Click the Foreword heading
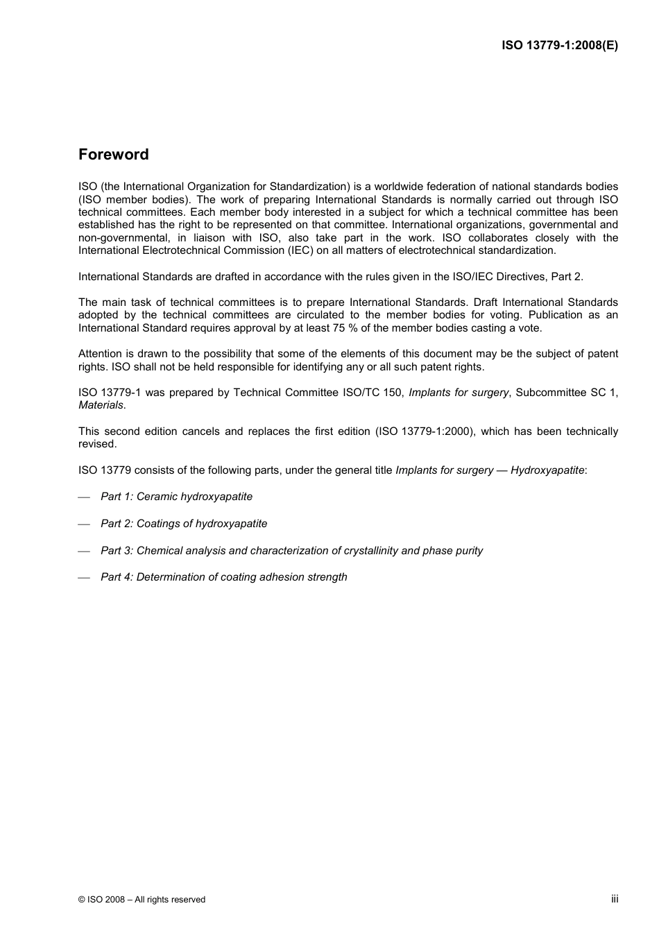tap(113, 155)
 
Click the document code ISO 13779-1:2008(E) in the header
tap(560, 46)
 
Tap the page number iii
tap(615, 898)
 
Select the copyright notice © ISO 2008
tap(142, 900)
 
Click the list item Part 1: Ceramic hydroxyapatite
tap(176, 497)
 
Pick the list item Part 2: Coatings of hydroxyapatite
tap(184, 524)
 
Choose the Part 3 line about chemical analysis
tap(291, 551)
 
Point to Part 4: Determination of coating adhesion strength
tap(223, 577)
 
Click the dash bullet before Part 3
tap(85, 551)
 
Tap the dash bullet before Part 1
tap(85, 497)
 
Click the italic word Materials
tap(101, 405)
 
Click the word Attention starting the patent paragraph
tap(100, 354)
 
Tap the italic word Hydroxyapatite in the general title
tap(547, 470)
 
